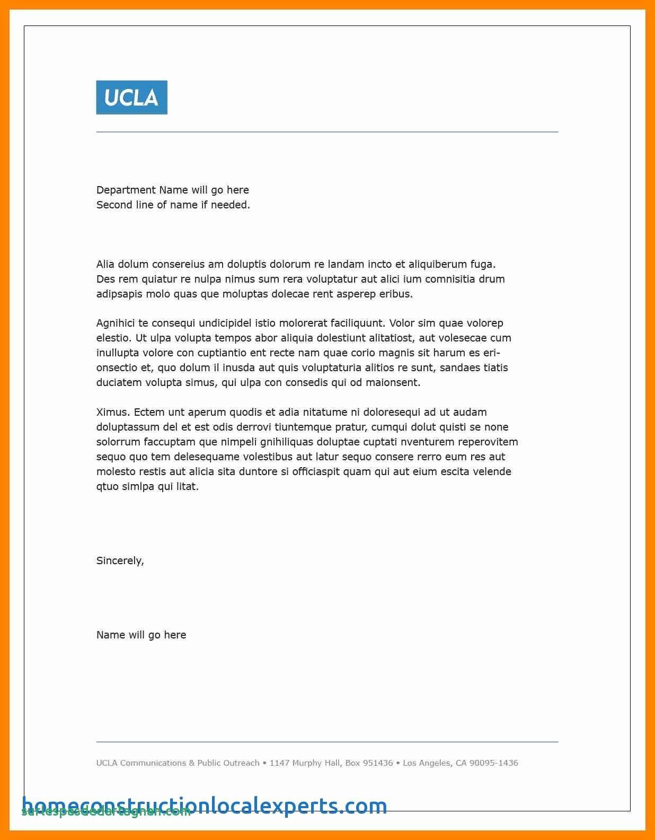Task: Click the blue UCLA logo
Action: click(x=131, y=98)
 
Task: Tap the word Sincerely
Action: click(x=120, y=561)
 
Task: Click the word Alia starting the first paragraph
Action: click(x=105, y=264)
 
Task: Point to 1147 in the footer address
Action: click(x=281, y=763)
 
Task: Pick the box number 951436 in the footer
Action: click(x=378, y=763)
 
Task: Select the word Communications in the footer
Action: click(x=153, y=763)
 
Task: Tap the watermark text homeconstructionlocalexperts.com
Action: click(x=205, y=806)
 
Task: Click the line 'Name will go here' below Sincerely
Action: click(x=141, y=635)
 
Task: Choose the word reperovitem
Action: click(x=488, y=442)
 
